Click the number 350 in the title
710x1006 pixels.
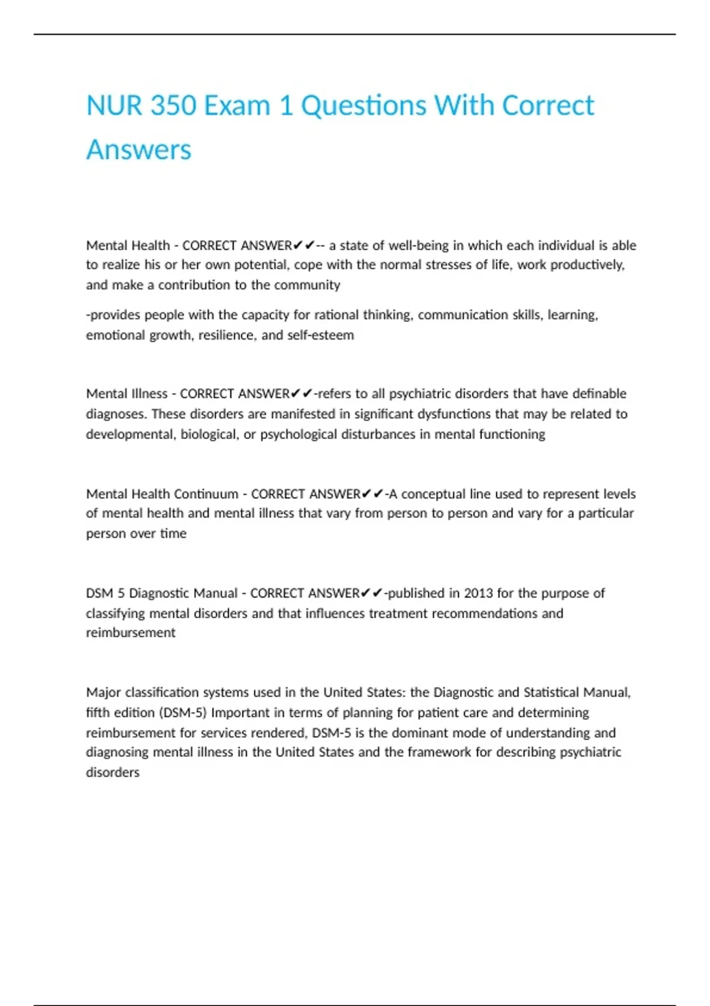pos(173,106)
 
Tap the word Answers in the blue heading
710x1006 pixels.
pos(138,150)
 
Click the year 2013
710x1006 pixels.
pos(479,593)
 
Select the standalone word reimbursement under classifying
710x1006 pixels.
pos(130,633)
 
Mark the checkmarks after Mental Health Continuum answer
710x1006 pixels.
pos(372,494)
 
